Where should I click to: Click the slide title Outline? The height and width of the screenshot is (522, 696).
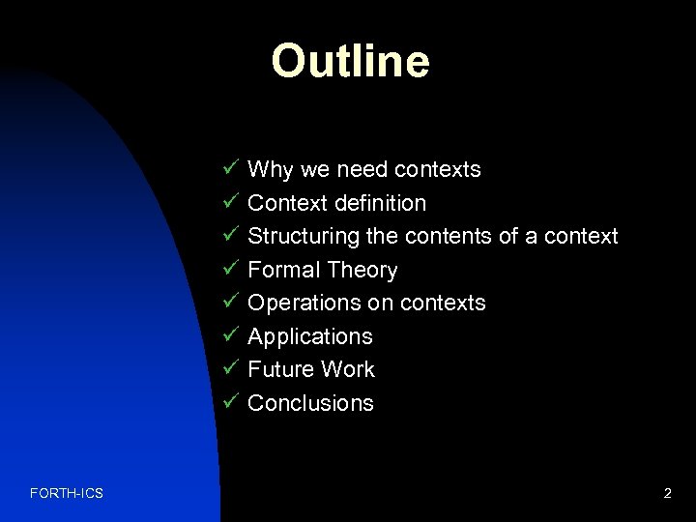point(350,61)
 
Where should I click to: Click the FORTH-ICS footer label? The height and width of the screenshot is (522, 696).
point(67,494)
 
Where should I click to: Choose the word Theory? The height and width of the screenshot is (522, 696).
point(362,270)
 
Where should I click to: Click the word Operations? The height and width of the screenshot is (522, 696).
point(304,304)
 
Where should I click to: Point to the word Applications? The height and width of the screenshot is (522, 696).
point(309,336)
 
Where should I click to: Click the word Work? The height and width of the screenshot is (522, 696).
point(349,369)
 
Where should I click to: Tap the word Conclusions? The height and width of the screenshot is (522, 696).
point(310,403)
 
